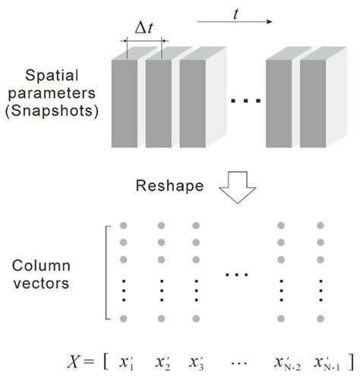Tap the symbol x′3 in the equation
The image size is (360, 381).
coord(197,359)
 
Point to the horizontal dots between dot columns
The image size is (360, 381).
coord(239,273)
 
